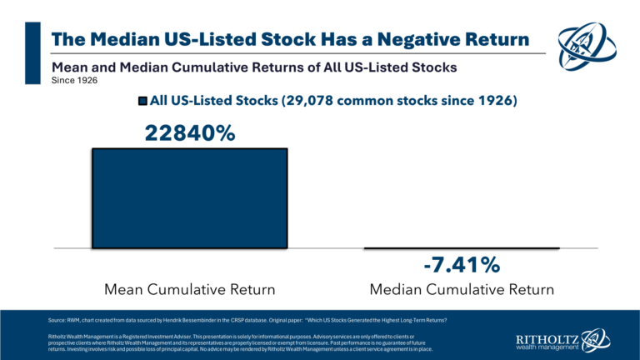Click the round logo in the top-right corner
592,47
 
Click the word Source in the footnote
57,319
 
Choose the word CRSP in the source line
260,319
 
